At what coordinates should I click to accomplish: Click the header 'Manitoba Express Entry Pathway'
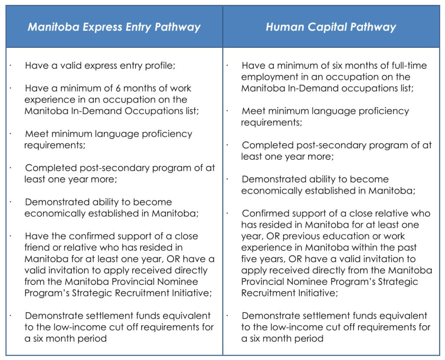pyautogui.click(x=114, y=27)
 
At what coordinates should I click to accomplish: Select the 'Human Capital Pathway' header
pyautogui.click(x=331, y=27)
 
